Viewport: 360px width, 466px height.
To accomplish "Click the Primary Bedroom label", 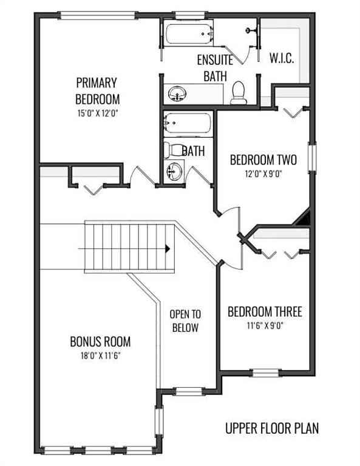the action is click(x=97, y=91).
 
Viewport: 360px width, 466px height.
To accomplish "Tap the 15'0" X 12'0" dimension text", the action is click(x=98, y=113).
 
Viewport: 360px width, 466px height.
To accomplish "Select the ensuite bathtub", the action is click(x=189, y=33).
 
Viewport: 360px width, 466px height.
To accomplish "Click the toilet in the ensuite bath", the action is click(x=239, y=93).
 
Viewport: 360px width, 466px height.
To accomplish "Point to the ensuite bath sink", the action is click(x=177, y=94).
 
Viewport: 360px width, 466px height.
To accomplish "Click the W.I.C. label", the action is click(x=282, y=58).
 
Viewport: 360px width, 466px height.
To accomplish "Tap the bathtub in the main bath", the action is click(x=188, y=124).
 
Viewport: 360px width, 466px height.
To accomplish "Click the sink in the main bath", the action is click(x=174, y=172).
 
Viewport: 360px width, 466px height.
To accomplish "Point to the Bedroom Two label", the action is click(x=263, y=160).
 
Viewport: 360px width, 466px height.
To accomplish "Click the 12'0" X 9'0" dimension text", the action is click(x=263, y=174).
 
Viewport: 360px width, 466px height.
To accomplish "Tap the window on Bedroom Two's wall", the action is click(x=312, y=157).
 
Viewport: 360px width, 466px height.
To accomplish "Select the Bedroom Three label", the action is click(x=265, y=311).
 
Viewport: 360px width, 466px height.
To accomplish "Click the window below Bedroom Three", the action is click(x=265, y=373).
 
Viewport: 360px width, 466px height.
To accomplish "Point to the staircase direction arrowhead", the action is click(x=168, y=249).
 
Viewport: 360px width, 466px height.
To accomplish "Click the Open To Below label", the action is click(x=185, y=320).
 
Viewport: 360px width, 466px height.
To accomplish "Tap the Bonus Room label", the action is click(x=100, y=342).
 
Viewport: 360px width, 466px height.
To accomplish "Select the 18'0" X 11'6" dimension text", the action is click(x=100, y=356).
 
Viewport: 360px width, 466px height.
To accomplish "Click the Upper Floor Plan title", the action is click(x=272, y=428).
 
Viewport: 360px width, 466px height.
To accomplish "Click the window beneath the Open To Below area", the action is click(x=189, y=391).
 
